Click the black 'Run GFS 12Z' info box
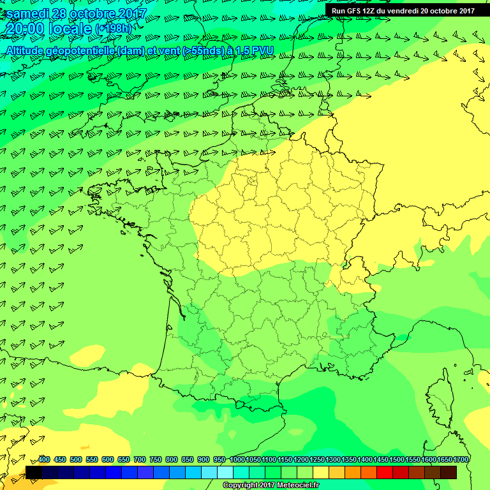click(x=403, y=10)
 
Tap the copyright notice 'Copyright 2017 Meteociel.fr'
click(x=271, y=486)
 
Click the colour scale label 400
click(x=44, y=460)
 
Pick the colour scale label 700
click(x=139, y=460)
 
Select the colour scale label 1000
click(x=237, y=460)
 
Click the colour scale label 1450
click(x=381, y=460)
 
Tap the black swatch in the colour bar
click(x=34, y=473)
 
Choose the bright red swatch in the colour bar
click(x=385, y=473)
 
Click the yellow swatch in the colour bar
click(x=321, y=473)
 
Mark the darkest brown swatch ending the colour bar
click(x=449, y=473)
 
